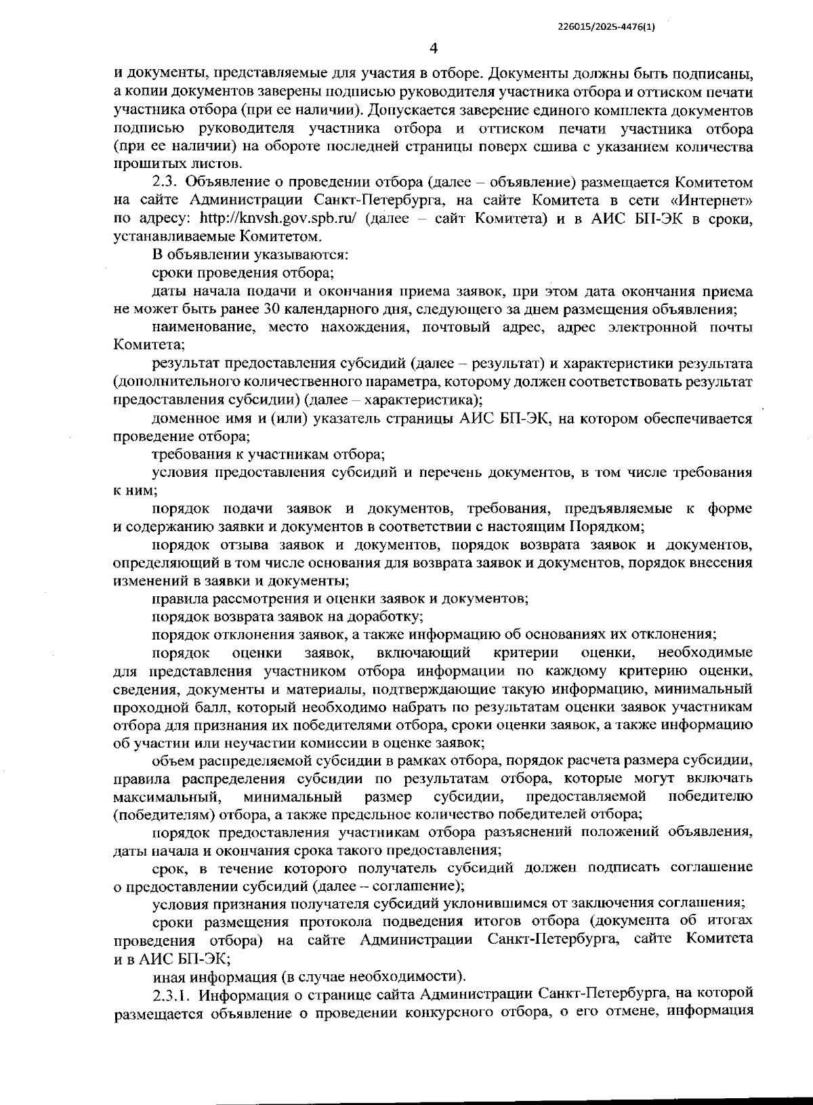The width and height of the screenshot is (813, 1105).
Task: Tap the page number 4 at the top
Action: coord(434,48)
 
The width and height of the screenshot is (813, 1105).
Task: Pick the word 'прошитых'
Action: coord(142,164)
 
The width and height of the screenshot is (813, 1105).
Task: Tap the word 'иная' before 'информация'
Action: coord(167,976)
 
